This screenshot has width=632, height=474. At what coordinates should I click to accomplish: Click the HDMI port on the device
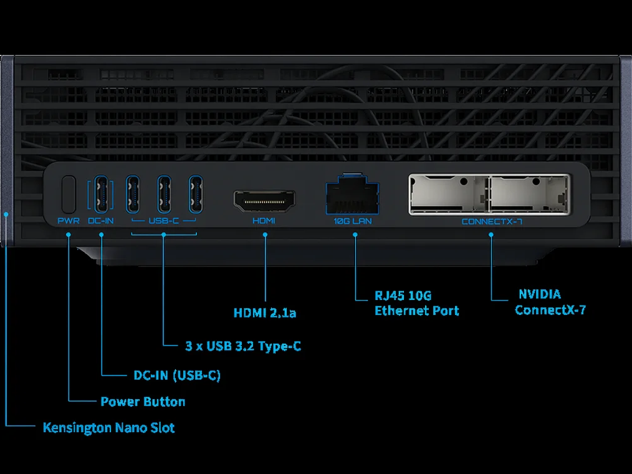coord(264,200)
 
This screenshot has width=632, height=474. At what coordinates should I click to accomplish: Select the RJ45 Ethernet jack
coord(353,195)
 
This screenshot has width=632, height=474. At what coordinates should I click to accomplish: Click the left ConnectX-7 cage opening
coord(449,194)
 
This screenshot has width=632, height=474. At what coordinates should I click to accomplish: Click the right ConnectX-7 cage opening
coord(529,194)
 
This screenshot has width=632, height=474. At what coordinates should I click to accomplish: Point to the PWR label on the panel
coord(69,221)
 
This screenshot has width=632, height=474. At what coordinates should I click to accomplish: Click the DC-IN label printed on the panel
coord(101,221)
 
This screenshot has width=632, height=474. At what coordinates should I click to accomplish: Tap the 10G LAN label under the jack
coord(353,221)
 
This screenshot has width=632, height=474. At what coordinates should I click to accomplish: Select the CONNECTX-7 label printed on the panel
coord(492,221)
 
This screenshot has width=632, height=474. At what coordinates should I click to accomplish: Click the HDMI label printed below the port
coord(264,221)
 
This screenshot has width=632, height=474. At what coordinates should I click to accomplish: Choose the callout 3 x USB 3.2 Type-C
coord(243,346)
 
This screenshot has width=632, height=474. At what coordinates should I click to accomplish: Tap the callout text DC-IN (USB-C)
coord(177,375)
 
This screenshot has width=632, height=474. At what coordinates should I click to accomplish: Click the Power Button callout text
coord(143,402)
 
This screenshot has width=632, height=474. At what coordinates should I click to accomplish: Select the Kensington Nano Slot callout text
coord(108,428)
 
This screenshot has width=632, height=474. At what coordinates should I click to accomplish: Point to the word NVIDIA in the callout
coord(540,294)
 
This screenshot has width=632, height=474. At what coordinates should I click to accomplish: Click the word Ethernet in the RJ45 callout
coord(401,311)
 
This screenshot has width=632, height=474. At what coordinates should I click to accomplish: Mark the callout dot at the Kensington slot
coord(6,214)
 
